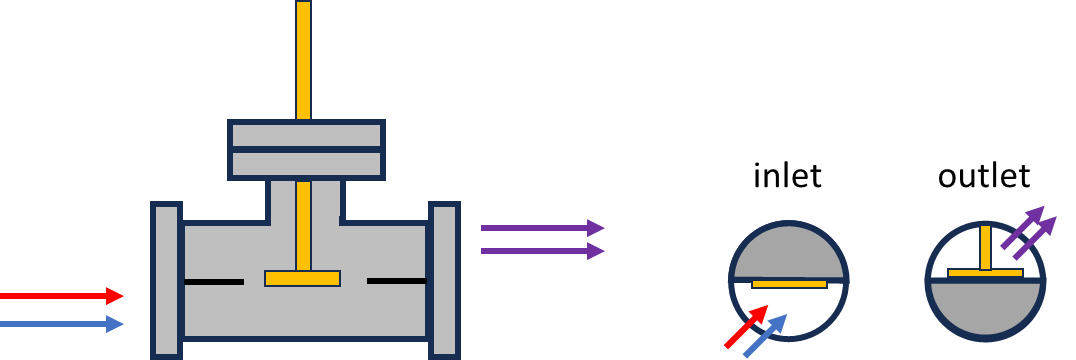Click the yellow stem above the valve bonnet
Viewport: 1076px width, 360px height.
point(303,60)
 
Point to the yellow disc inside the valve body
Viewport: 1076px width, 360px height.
point(302,278)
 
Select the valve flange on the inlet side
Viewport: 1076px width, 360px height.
point(166,280)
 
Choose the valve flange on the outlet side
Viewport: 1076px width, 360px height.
point(444,280)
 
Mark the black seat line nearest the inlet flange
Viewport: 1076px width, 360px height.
point(214,282)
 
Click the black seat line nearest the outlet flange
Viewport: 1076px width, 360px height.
point(396,281)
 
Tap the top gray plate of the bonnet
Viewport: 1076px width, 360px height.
point(306,135)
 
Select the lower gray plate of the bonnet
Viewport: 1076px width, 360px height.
point(306,164)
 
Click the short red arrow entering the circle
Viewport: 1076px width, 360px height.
point(745,328)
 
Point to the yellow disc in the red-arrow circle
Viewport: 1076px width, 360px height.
point(789,284)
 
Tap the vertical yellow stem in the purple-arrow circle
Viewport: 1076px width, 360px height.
point(985,246)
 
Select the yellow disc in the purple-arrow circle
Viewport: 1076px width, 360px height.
point(985,273)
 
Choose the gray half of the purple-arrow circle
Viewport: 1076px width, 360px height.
point(985,310)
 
